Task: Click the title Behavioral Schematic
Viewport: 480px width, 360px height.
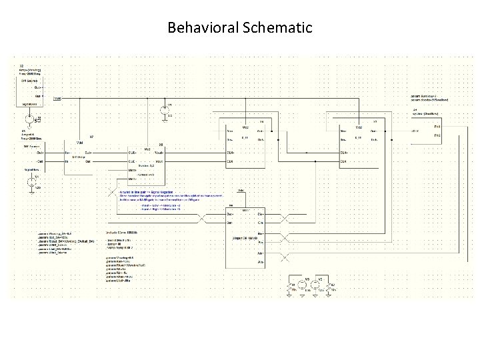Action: [x=240, y=28]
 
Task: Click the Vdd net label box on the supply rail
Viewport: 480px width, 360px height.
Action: [x=57, y=98]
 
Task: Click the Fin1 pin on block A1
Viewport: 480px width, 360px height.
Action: [x=436, y=126]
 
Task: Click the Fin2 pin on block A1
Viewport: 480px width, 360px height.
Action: [x=436, y=135]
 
